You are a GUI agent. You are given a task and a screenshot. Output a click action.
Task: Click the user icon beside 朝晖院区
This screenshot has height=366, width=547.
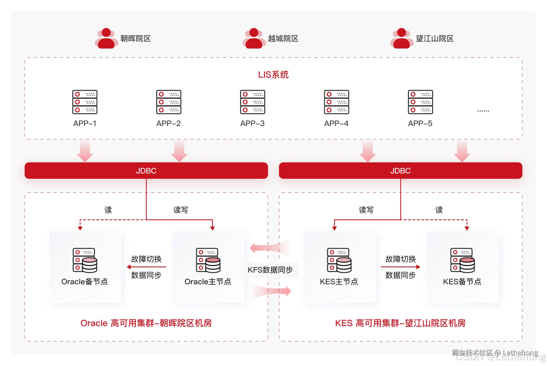pos(106,39)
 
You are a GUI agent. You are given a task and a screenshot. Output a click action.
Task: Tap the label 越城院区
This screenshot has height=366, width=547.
pos(283,39)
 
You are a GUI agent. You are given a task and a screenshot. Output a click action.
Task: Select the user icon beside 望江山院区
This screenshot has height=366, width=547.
pos(401,39)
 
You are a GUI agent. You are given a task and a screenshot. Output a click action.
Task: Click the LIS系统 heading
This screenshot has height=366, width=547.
pos(273,75)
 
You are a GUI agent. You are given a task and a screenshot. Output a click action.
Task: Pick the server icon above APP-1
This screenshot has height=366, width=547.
pos(85,102)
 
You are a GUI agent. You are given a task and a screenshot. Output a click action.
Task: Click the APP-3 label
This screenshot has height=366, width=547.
pos(252,124)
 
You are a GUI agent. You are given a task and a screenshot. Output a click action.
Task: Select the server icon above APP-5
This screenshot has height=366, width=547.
pos(420,102)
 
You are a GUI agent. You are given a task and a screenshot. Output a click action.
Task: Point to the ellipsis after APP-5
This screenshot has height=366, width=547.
pos(483,111)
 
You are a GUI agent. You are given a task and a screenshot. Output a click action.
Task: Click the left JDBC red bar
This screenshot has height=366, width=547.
pos(146,171)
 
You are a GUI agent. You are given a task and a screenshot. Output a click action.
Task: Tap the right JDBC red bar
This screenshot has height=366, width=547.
pos(400,171)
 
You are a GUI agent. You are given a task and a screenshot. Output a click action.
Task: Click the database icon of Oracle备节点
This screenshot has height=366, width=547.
pos(85,260)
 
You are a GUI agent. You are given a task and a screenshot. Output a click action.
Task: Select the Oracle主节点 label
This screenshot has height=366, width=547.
pos(208,282)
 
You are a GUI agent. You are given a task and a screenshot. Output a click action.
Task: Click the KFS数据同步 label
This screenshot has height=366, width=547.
pos(270,270)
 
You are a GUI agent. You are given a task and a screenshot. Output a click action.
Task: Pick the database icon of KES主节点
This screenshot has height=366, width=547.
pos(339,260)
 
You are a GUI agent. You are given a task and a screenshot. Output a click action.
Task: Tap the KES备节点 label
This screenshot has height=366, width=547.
pos(462,282)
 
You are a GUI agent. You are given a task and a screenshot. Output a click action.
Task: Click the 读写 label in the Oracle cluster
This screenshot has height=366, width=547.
pos(181,210)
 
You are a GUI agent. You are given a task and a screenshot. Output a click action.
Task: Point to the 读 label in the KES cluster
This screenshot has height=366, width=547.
pos(439,210)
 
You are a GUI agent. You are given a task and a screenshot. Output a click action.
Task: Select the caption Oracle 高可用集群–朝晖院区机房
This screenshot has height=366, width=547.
pos(146,323)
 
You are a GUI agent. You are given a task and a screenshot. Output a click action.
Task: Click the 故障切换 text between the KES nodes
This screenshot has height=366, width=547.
pos(400,259)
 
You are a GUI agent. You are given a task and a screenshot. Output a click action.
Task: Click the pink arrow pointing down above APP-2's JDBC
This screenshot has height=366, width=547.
pos(179,151)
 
